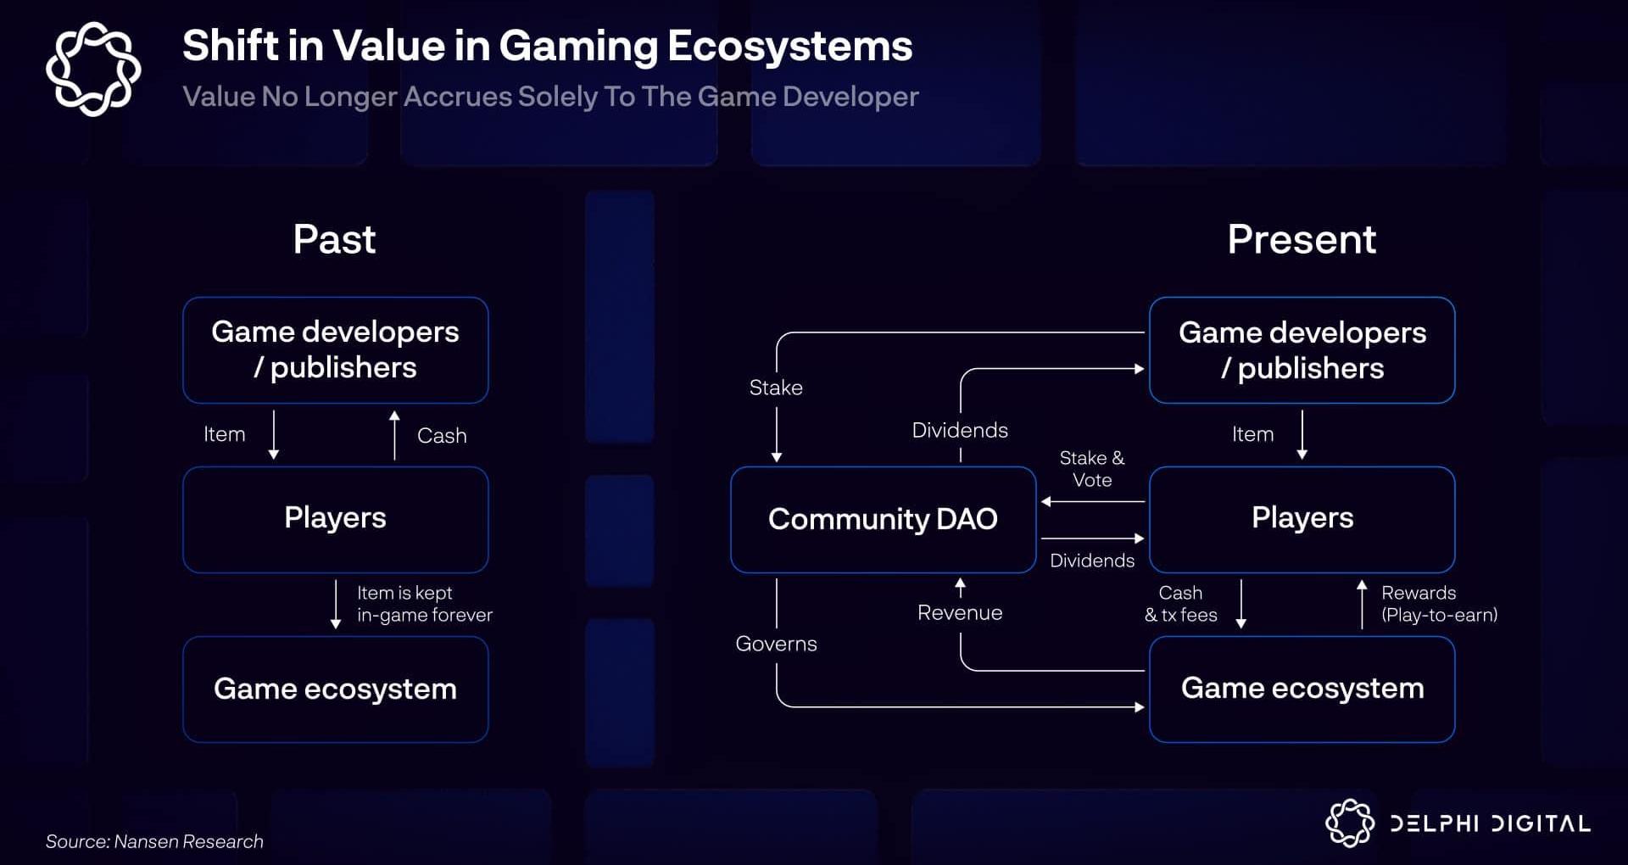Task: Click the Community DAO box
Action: click(883, 519)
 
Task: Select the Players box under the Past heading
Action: click(335, 518)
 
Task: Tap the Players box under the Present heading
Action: click(1302, 518)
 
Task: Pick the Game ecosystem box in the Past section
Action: click(335, 689)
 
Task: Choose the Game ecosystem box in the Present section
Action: click(1302, 689)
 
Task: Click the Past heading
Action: click(334, 239)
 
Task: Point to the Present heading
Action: click(1302, 239)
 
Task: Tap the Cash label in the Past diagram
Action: click(442, 436)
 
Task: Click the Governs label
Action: click(776, 644)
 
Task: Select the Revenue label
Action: click(960, 612)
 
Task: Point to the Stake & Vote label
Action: click(1092, 469)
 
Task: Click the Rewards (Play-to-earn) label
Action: click(1439, 604)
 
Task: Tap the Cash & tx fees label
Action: click(1180, 604)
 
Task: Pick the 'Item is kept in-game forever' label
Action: click(424, 604)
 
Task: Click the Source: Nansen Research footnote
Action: click(154, 841)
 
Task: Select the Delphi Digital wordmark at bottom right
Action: click(1490, 823)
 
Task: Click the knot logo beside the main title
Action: click(93, 69)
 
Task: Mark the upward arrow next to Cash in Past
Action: click(394, 435)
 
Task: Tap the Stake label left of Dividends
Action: click(776, 388)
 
